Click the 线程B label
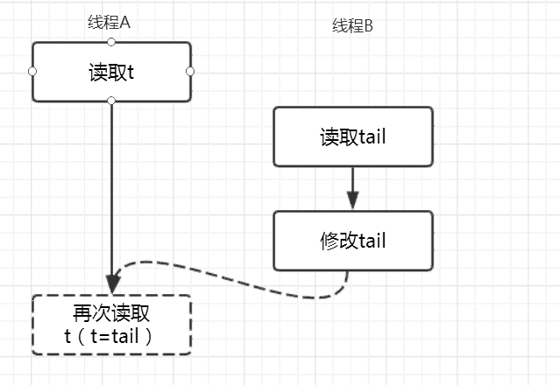[352, 26]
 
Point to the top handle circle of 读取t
[110, 42]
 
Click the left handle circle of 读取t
[32, 71]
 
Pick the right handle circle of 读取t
[190, 71]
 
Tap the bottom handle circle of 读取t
[111, 101]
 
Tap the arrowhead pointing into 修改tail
[352, 200]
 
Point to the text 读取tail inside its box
[353, 136]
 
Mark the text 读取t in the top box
[111, 72]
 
